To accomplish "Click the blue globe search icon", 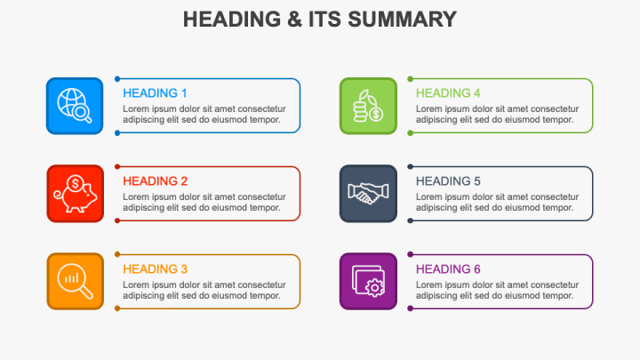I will [x=75, y=106].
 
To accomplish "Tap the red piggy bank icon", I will [x=75, y=194].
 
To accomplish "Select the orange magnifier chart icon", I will [x=75, y=281].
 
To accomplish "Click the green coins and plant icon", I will [x=368, y=106].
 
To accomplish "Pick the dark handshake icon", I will [x=368, y=194].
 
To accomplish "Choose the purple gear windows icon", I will [x=368, y=281].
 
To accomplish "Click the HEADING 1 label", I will [x=155, y=92].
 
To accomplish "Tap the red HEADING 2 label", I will [x=155, y=180].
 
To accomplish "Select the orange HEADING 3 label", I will [x=155, y=268].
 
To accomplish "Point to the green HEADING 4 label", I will [x=448, y=92].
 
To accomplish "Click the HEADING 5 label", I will [x=448, y=180].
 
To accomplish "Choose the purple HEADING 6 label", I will [x=448, y=268].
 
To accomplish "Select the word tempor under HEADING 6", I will [x=558, y=295].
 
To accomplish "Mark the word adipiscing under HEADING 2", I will [x=143, y=208].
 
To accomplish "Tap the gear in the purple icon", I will [x=375, y=286].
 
